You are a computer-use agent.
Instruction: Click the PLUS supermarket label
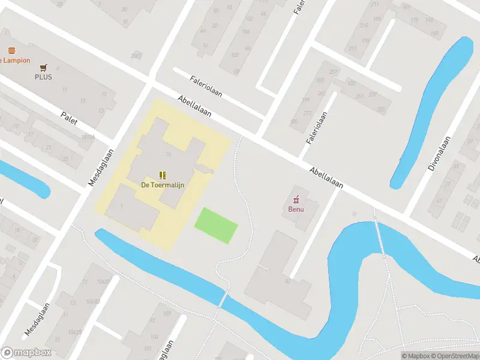pos(43,77)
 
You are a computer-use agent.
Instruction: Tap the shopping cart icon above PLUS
pos(43,68)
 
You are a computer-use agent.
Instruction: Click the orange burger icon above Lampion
pos(11,51)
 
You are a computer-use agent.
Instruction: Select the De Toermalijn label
pos(163,185)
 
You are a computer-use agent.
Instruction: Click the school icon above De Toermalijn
pos(163,175)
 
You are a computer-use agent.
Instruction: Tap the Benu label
pos(296,209)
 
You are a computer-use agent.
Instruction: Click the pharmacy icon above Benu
pos(296,199)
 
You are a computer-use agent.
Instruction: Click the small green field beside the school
pos(216,225)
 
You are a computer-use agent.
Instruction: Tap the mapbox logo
pos(26,352)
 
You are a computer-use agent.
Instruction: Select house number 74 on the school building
pos(169,155)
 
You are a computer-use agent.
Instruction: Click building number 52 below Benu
pos(287,281)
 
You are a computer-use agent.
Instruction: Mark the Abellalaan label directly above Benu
pos(326,178)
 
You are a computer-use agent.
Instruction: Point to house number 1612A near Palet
pos(88,137)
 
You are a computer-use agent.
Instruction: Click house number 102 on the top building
pos(235,55)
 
